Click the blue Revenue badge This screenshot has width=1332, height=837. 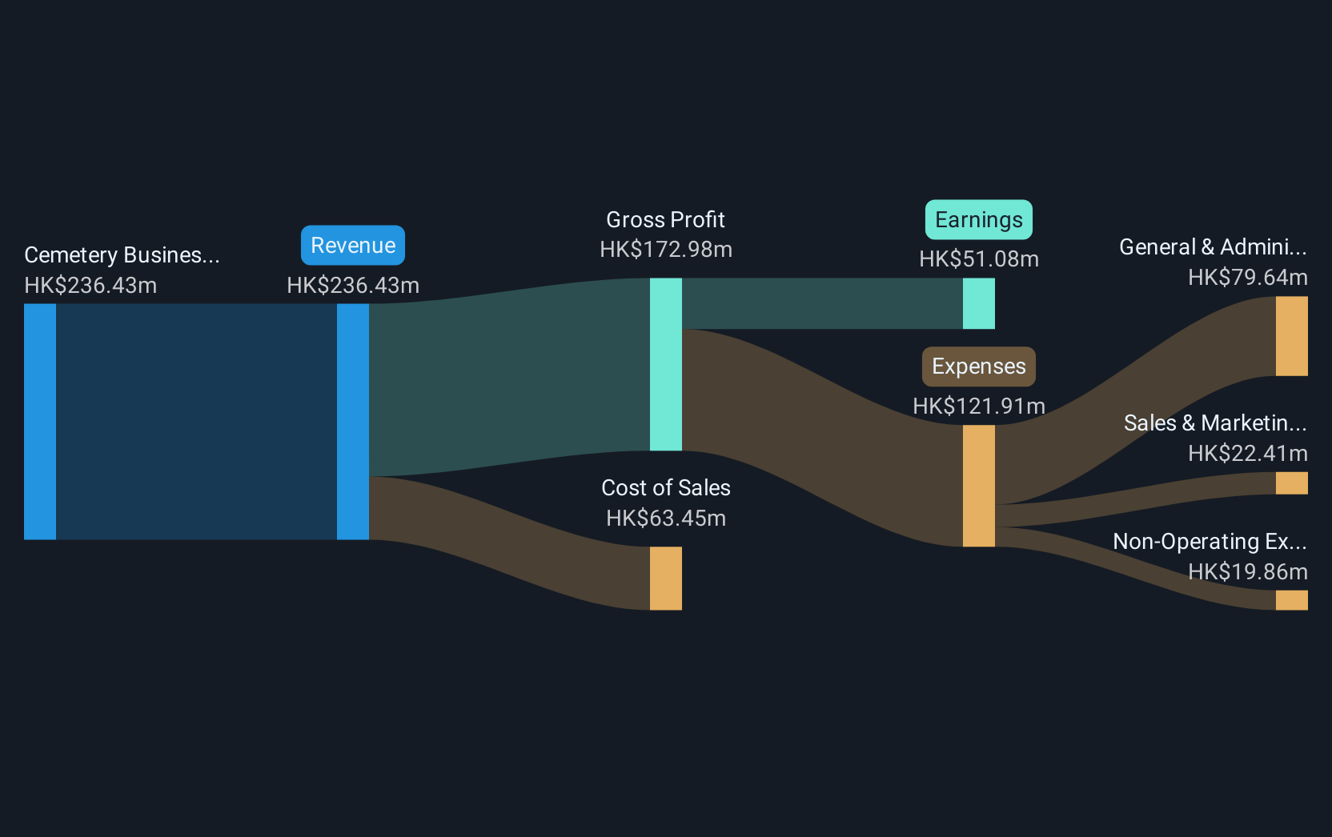tap(353, 245)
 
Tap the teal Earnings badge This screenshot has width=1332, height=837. tap(979, 219)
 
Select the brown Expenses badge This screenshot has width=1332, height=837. tap(979, 366)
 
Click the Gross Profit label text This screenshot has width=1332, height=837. tap(665, 220)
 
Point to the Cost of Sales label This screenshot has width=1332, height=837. tap(665, 487)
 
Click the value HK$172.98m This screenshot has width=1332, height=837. tap(666, 250)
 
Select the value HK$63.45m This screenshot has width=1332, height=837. tap(666, 519)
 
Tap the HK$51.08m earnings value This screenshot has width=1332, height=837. tap(979, 259)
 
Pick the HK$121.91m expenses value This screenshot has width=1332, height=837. tap(979, 406)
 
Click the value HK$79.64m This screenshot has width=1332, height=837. tap(1248, 277)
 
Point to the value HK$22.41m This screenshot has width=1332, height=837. tap(1248, 454)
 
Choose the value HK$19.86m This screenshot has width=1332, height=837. tap(1248, 572)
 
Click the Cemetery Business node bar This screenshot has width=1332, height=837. tap(40, 422)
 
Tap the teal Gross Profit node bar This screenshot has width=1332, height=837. tap(665, 364)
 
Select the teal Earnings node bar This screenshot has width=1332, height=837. tap(979, 303)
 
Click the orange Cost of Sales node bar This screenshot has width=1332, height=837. tap(665, 579)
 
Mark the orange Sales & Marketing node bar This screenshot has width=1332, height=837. tap(1291, 483)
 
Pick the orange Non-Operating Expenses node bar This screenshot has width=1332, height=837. tap(1291, 600)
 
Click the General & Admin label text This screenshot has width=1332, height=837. tap(1213, 247)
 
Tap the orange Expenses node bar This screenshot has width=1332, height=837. tap(979, 486)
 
